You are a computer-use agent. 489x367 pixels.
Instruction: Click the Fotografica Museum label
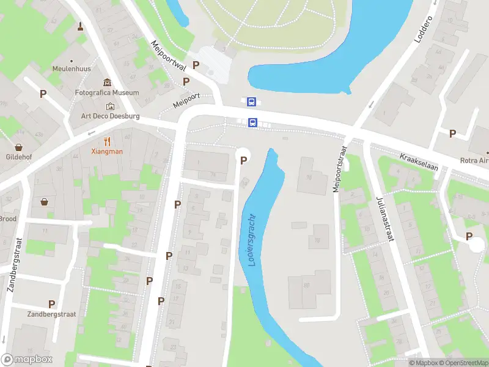tap(115, 93)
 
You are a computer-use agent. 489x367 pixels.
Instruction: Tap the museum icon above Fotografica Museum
tap(108, 83)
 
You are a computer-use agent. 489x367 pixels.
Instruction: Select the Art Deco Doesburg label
tap(111, 116)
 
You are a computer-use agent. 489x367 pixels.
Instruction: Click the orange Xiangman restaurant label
tap(107, 151)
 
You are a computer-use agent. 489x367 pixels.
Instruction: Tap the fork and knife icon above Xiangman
tap(108, 140)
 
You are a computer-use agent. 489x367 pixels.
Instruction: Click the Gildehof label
tap(18, 157)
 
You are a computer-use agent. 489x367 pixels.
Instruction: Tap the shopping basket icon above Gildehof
tap(19, 147)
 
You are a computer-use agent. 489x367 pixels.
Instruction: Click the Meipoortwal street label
tap(168, 57)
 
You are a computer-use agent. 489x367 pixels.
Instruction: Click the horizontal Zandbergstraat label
tap(51, 314)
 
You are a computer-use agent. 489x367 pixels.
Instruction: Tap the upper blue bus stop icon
tap(251, 102)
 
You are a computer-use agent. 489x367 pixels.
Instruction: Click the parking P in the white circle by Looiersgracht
tap(243, 160)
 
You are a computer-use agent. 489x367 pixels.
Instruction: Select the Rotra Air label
tap(475, 161)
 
